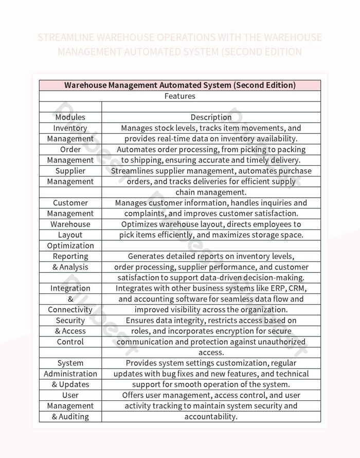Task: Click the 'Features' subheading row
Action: tap(179, 96)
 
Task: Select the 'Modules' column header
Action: tap(70, 117)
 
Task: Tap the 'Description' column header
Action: tap(211, 117)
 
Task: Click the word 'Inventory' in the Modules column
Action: tap(70, 128)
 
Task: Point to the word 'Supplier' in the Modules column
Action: tap(70, 171)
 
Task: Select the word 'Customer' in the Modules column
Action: tap(70, 203)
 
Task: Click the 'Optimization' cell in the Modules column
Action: tap(70, 245)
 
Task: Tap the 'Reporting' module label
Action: tap(70, 256)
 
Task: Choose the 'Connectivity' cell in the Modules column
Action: tap(70, 310)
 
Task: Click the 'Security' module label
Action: tap(70, 321)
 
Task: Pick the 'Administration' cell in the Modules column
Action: tap(70, 374)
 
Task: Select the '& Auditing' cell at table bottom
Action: tap(70, 417)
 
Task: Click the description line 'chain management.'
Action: tap(211, 192)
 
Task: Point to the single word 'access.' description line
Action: tap(211, 353)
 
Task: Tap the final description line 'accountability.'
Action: tap(211, 417)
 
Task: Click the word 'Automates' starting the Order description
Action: tap(135, 149)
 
